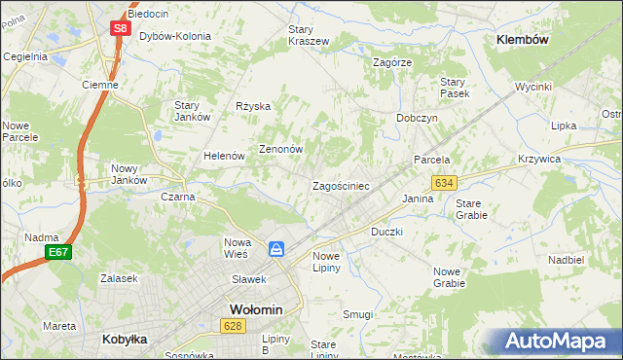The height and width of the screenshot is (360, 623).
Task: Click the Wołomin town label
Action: tap(256, 309)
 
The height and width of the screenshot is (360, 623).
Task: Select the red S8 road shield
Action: tap(119, 28)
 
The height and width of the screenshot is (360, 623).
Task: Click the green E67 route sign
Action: tap(57, 252)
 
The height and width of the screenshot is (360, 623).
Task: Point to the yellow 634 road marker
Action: tap(445, 183)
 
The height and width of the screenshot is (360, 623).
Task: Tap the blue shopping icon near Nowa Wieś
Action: tap(277, 249)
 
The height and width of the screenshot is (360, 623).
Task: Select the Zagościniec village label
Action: tap(340, 185)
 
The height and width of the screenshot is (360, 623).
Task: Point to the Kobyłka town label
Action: tap(125, 340)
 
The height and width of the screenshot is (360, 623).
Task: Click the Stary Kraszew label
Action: tap(309, 35)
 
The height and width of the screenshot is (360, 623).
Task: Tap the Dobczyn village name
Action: tap(417, 117)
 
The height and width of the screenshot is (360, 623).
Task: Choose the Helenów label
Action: tap(223, 156)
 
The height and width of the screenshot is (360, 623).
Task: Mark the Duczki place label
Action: tap(386, 233)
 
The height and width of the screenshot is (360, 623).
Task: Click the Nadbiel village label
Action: tap(566, 261)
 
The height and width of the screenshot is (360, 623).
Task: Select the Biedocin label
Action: tap(147, 14)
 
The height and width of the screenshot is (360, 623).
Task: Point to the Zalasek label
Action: tap(119, 277)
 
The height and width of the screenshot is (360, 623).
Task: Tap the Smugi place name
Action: tap(357, 314)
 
